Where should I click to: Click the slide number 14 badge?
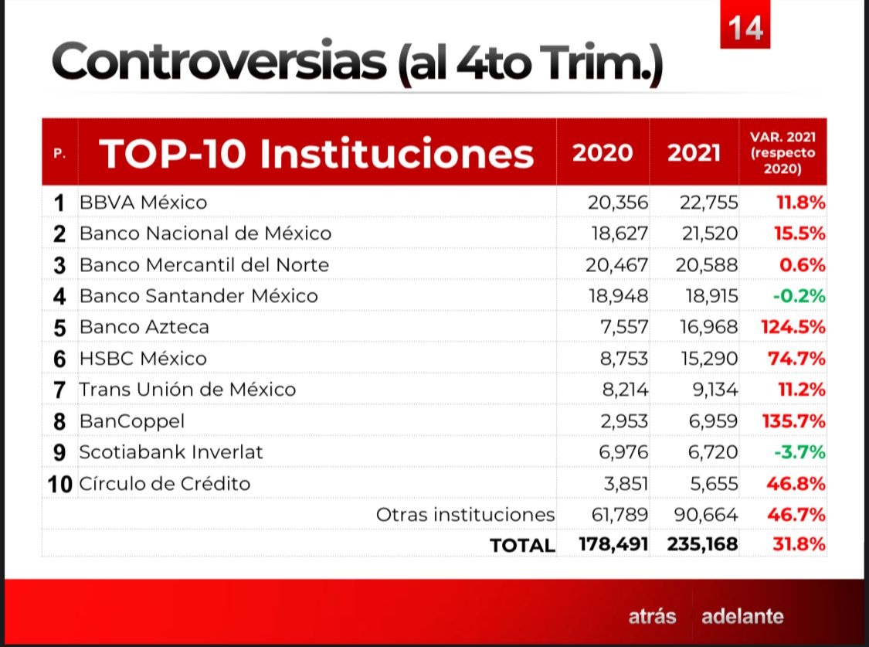coord(745,28)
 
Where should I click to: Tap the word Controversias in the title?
coord(219,62)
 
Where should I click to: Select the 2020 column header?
coord(602,152)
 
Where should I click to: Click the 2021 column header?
coord(694,152)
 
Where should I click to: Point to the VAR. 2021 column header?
coord(782,152)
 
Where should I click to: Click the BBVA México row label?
coord(144,203)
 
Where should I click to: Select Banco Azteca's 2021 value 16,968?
coord(709,327)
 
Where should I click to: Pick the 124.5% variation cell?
coord(793,327)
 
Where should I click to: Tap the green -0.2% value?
coord(800,296)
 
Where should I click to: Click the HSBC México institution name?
coord(143,359)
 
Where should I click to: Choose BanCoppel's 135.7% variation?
coord(793,421)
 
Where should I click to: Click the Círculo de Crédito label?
coord(165,484)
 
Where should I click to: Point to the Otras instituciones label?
coord(465,514)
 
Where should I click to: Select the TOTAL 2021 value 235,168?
coord(702,544)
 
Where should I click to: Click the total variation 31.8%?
coord(799,544)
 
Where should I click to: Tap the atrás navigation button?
coord(652,617)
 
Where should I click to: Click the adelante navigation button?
coord(742,617)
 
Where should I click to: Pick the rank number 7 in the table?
coord(59,390)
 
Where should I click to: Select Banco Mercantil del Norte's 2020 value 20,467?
coord(616,265)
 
